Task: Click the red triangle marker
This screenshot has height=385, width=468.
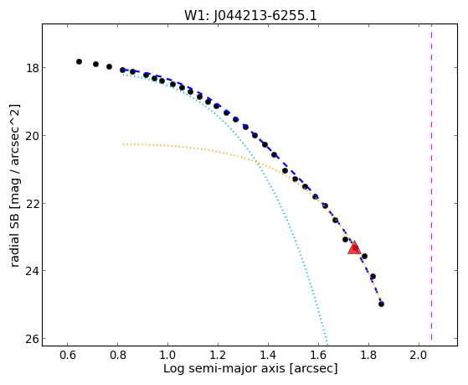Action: pos(354,248)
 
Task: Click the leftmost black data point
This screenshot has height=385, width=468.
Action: pos(79,61)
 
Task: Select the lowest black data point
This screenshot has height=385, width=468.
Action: pos(381,304)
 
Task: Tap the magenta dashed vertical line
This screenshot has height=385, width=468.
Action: pos(432,182)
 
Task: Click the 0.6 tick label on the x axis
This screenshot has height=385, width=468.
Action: pos(68,355)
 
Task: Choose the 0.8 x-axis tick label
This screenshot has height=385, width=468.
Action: pos(117,355)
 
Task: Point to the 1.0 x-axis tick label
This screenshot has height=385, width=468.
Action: pos(167,355)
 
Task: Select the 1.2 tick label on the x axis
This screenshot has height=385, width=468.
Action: pos(218,355)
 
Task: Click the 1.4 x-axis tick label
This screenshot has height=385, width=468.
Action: pos(268,355)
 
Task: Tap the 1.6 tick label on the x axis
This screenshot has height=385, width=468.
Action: pos(318,355)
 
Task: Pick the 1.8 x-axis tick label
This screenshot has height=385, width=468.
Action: pos(368,355)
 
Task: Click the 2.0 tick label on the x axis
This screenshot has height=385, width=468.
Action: pos(419,355)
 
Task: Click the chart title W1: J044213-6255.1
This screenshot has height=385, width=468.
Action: pos(250,15)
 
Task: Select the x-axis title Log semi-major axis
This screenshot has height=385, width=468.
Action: pos(224,368)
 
